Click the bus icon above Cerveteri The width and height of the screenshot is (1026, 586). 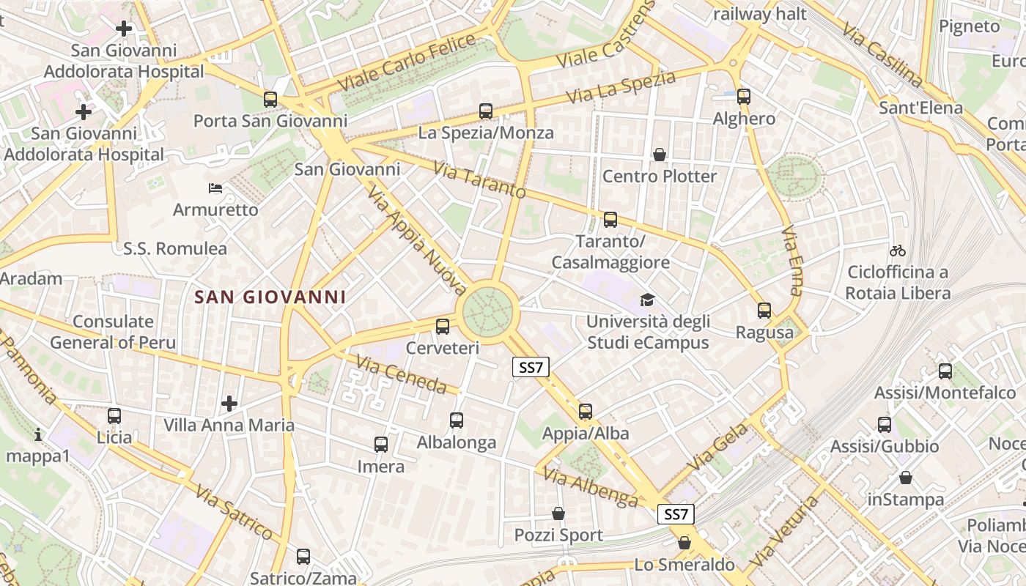pyautogui.click(x=442, y=327)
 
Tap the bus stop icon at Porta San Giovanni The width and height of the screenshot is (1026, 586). pyautogui.click(x=270, y=99)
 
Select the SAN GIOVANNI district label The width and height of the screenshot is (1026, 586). pyautogui.click(x=270, y=297)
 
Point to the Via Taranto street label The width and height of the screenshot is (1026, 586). pyautogui.click(x=479, y=180)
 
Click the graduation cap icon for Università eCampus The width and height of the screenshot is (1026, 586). pyautogui.click(x=646, y=300)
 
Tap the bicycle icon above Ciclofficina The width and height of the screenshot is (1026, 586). pyautogui.click(x=897, y=251)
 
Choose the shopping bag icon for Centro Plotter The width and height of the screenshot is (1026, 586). pyautogui.click(x=660, y=155)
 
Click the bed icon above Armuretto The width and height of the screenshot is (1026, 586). pyautogui.click(x=215, y=188)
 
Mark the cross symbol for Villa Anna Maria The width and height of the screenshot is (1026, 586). pyautogui.click(x=229, y=403)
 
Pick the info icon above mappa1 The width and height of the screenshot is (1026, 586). pyautogui.click(x=38, y=435)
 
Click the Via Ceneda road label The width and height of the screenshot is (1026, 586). pyautogui.click(x=401, y=374)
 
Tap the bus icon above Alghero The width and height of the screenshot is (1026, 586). pyautogui.click(x=744, y=96)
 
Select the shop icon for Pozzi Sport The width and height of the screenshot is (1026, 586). pyautogui.click(x=558, y=513)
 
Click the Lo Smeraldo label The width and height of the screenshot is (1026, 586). pyautogui.click(x=684, y=565)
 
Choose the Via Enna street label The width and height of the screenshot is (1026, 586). pyautogui.click(x=792, y=261)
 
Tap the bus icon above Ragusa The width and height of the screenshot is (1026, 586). pyautogui.click(x=764, y=311)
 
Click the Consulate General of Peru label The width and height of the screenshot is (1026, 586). pyautogui.click(x=113, y=332)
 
